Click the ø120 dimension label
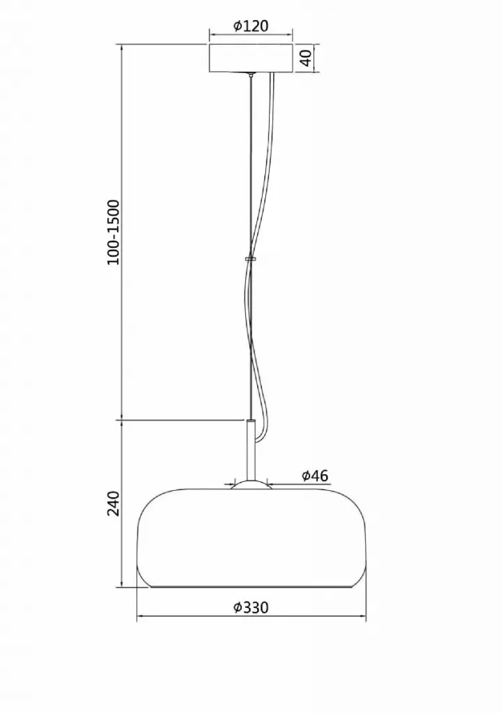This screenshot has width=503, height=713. (251, 26)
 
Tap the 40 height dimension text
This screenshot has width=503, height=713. (307, 58)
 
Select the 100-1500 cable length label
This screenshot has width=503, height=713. (113, 233)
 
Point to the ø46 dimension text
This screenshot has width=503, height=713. (315, 476)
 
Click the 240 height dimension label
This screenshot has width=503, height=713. (113, 503)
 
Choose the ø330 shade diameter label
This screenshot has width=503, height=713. (251, 607)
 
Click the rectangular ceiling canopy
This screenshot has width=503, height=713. (251, 58)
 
